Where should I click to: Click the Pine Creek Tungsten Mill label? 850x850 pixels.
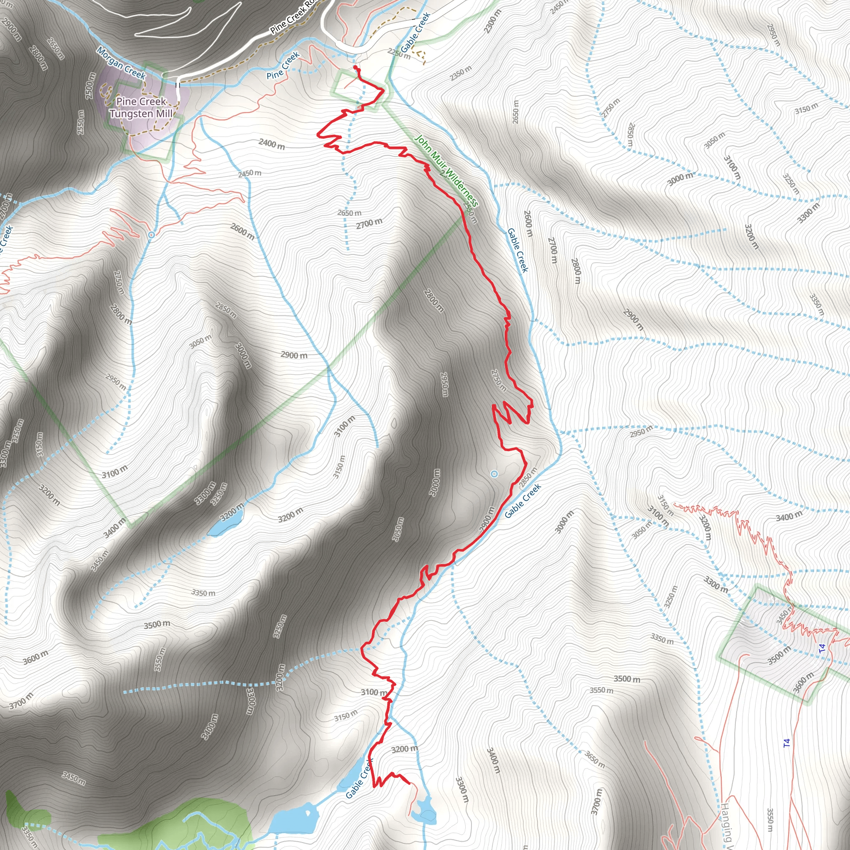[141, 108]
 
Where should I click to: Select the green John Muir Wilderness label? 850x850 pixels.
[446, 171]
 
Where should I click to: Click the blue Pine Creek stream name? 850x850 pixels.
[283, 66]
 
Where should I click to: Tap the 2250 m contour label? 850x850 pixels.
[398, 53]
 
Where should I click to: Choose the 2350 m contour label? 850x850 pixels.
[460, 73]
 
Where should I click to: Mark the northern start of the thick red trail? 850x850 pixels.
[355, 67]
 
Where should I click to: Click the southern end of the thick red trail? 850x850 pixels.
[409, 783]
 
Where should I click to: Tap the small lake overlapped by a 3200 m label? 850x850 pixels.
[225, 521]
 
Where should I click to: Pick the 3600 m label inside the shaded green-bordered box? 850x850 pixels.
[804, 682]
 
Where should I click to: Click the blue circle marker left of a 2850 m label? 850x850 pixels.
[494, 474]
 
